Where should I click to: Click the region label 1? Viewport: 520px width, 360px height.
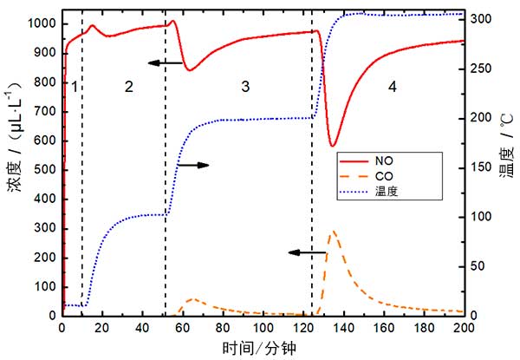click(x=75, y=87)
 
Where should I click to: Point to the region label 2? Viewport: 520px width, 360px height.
click(x=128, y=86)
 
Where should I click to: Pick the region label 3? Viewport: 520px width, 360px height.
click(x=245, y=86)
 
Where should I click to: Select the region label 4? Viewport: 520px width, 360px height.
click(x=392, y=87)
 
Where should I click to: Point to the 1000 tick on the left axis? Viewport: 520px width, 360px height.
click(x=40, y=23)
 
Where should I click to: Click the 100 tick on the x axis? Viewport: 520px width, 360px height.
click(x=263, y=329)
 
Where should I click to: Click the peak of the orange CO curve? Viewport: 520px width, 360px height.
click(x=332, y=232)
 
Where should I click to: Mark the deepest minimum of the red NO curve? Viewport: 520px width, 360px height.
click(x=333, y=146)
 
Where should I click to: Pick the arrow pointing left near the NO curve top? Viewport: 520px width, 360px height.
click(x=164, y=63)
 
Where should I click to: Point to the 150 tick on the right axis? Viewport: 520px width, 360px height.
click(x=486, y=167)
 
